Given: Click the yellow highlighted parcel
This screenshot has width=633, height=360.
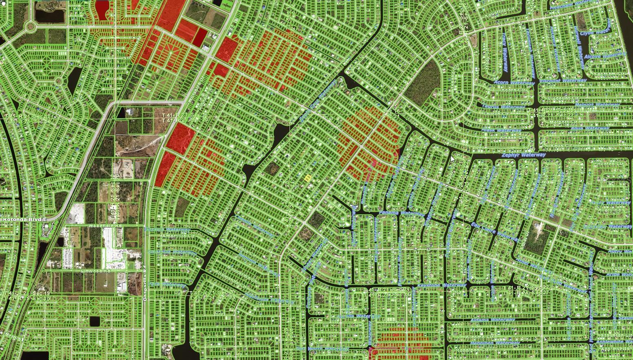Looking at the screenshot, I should coord(308,178).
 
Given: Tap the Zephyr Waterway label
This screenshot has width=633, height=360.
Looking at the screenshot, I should coord(523,155).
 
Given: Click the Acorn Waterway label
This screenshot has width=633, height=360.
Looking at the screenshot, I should coord(514,83).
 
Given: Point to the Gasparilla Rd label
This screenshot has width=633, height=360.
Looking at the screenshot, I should coord(145,283).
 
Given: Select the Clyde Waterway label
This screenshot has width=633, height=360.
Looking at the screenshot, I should coord(596,33).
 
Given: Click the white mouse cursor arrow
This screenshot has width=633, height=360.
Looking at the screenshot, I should coord(453,158).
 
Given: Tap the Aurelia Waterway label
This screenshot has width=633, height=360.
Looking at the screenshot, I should coord(358,316).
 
